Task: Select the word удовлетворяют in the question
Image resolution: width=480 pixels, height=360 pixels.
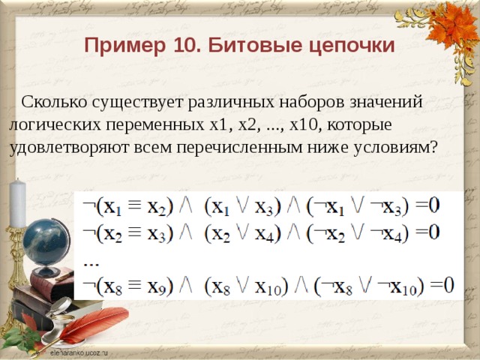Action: [x=69, y=145]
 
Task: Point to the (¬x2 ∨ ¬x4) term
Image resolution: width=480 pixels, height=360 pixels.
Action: [x=358, y=233]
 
